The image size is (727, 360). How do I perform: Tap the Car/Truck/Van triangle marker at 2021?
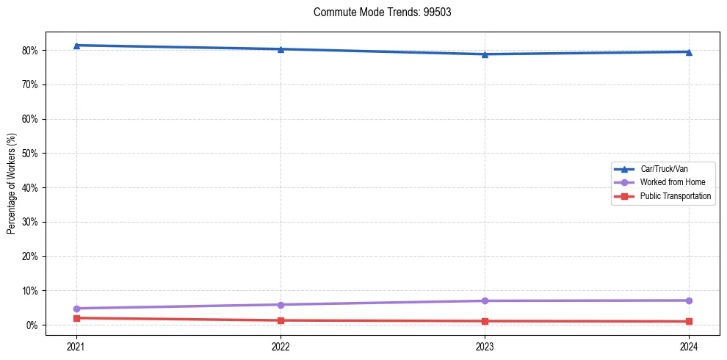[x=76, y=46]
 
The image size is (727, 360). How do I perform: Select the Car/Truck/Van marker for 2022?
[x=281, y=49]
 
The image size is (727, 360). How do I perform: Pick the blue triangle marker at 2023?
[x=485, y=54]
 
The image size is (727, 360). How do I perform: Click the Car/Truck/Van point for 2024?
[x=689, y=52]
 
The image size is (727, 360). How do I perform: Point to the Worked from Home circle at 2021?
[x=76, y=309]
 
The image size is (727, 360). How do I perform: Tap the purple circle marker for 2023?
[x=485, y=300]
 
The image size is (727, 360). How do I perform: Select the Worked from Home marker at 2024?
[x=689, y=300]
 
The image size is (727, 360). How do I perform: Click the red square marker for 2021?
[x=76, y=318]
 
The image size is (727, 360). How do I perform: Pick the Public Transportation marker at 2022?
[x=281, y=320]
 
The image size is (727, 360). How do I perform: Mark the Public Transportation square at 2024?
[x=689, y=321]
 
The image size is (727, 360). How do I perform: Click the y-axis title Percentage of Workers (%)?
[x=11, y=184]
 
